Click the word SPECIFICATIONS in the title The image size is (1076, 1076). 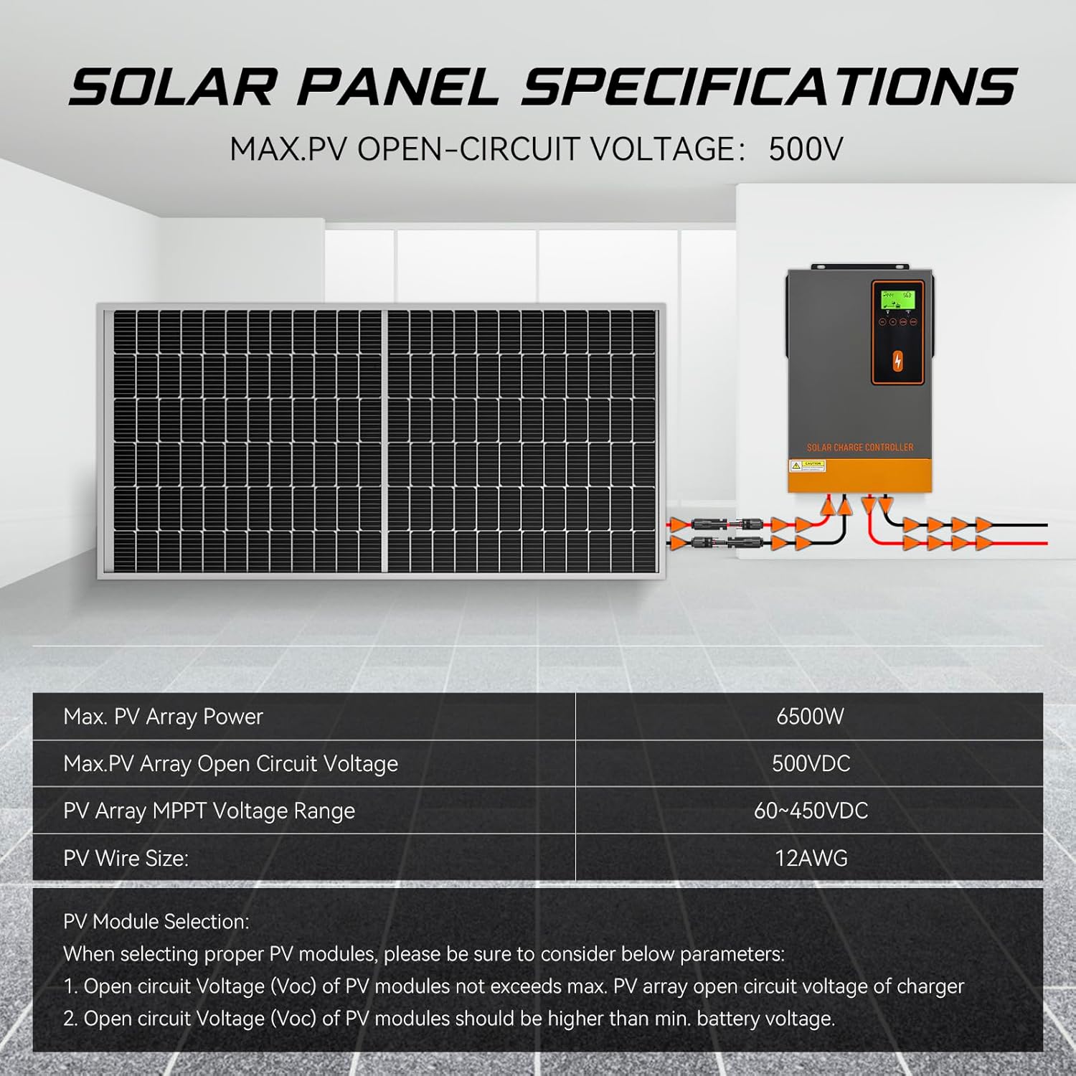768,87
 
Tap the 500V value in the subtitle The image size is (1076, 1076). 806,150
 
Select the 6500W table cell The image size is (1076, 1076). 810,717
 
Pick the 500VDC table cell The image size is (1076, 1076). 811,763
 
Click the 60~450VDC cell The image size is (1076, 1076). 811,811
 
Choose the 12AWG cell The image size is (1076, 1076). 811,858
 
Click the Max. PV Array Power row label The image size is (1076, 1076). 163,717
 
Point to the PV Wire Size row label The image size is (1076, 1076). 126,858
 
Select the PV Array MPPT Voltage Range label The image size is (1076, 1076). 209,811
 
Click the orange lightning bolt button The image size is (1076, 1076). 897,362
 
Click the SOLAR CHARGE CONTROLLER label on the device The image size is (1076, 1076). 860,448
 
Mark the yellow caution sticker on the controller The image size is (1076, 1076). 808,466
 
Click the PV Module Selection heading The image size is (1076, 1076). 156,922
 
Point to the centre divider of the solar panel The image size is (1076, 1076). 387,441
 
